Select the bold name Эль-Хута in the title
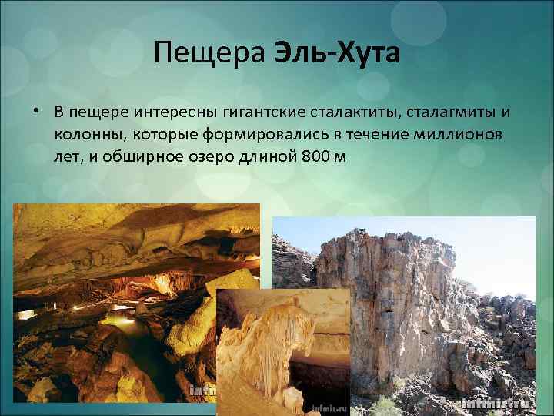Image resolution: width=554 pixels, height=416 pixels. tap(333, 53)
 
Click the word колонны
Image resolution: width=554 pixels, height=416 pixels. tap(89, 135)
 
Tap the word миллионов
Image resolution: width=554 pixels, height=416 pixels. tap(460, 135)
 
